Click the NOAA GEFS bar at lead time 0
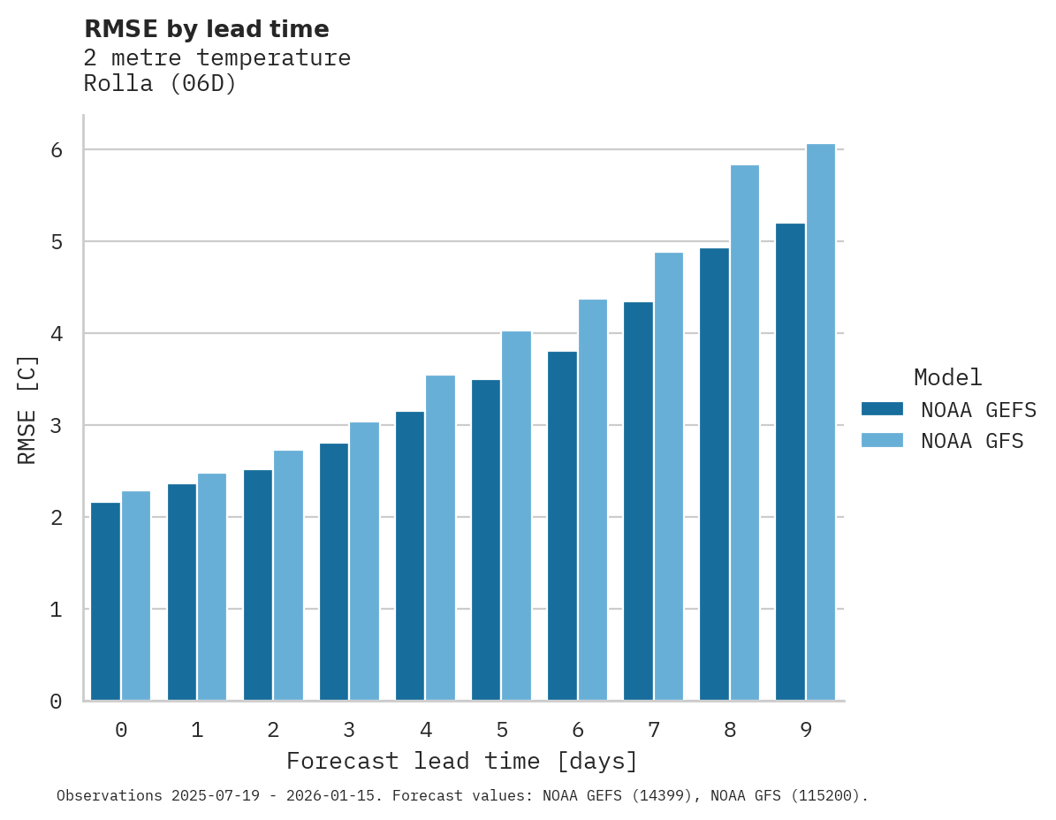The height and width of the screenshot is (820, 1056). click(x=106, y=601)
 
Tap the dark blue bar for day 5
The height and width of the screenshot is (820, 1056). click(x=486, y=540)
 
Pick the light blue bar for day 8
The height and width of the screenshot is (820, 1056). click(x=745, y=433)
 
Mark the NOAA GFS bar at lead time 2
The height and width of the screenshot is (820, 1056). click(x=288, y=575)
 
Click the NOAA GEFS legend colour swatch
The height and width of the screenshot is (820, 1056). click(x=882, y=409)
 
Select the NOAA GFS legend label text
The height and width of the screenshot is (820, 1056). click(x=972, y=441)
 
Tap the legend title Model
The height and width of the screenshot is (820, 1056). click(x=947, y=378)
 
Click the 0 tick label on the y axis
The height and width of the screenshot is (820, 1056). click(x=56, y=702)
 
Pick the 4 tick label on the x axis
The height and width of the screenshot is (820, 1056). click(x=426, y=731)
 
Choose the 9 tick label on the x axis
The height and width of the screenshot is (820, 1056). click(x=806, y=731)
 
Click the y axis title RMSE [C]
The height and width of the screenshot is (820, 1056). click(x=28, y=409)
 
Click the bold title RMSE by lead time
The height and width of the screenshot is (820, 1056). click(x=206, y=29)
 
